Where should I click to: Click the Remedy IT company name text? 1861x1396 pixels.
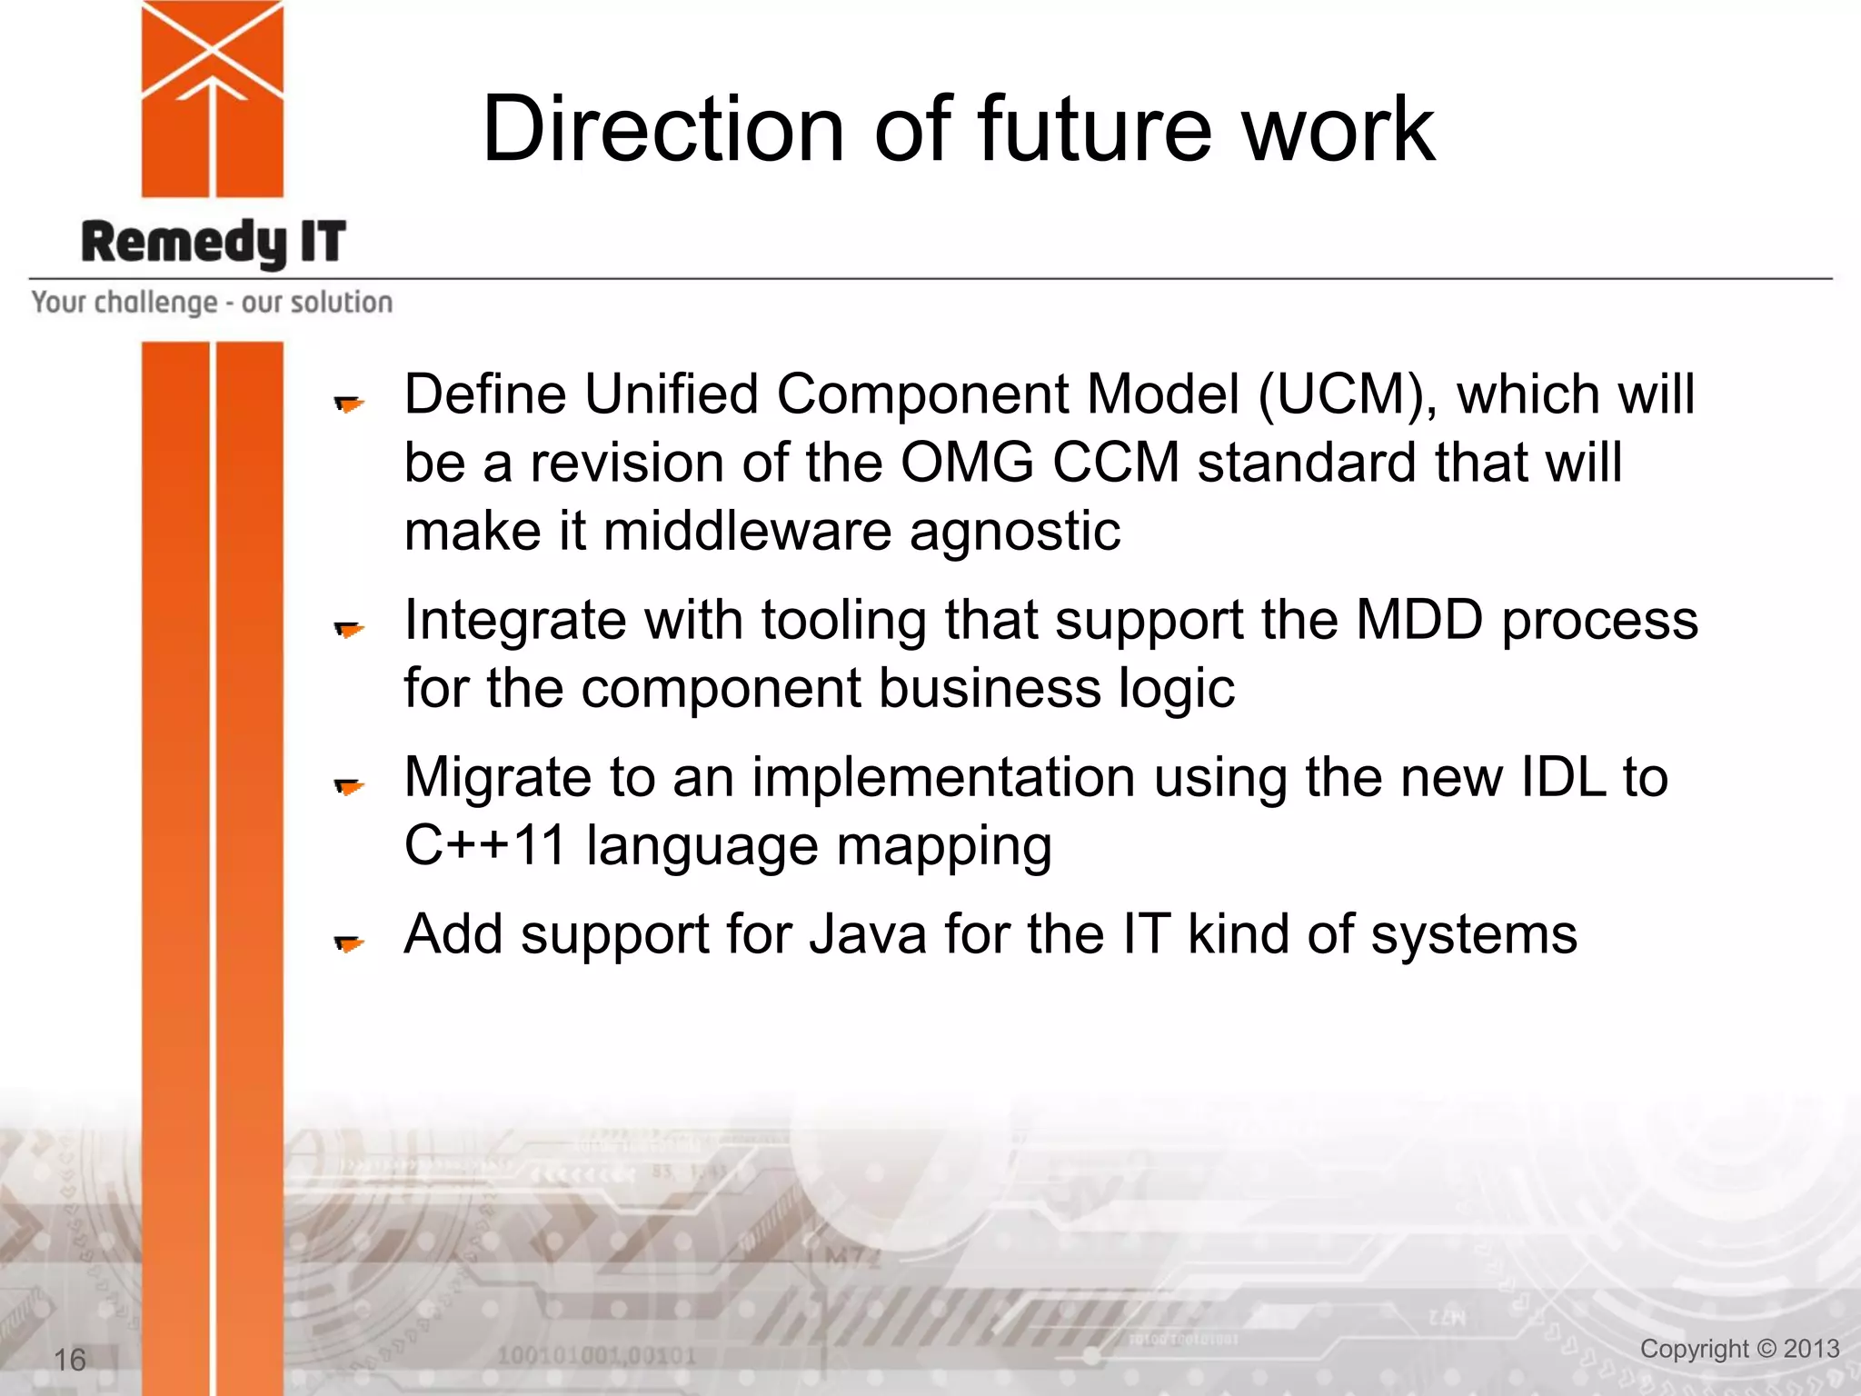click(x=214, y=243)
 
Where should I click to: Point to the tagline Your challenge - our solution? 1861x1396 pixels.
click(x=212, y=302)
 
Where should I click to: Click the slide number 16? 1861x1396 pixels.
click(x=70, y=1360)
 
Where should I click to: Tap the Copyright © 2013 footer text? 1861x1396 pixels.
click(x=1739, y=1349)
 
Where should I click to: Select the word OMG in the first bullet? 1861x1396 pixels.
click(x=967, y=463)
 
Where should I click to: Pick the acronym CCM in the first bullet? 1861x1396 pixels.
click(x=1115, y=463)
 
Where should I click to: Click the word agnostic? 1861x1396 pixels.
click(x=1015, y=532)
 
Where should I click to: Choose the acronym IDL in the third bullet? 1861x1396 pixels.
click(x=1562, y=778)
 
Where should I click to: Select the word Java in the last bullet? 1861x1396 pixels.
click(x=868, y=934)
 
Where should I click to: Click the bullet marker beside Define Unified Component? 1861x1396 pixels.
click(x=349, y=404)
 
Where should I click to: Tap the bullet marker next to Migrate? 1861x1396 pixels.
click(x=349, y=786)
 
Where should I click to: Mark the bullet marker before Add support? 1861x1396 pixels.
click(x=349, y=943)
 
